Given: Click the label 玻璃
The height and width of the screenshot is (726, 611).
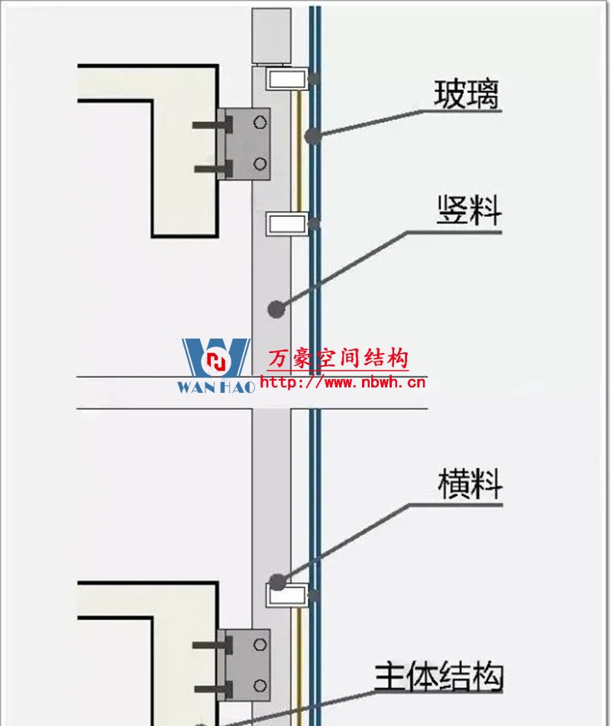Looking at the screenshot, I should click(x=466, y=95).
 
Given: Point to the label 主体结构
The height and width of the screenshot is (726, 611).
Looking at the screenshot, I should click(x=439, y=676).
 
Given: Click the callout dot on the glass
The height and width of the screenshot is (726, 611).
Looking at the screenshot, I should click(x=311, y=136).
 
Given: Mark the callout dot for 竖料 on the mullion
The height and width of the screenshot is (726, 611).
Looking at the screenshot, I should click(x=276, y=309).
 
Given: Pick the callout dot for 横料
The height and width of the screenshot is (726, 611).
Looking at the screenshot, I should click(x=276, y=582).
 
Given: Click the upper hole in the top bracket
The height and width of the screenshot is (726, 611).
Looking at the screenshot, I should click(x=260, y=122).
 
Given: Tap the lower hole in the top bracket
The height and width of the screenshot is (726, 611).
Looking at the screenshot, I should click(x=260, y=163).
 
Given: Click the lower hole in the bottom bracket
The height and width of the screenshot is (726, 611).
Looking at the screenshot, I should click(x=260, y=685).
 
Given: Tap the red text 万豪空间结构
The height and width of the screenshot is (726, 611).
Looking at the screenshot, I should click(x=338, y=358).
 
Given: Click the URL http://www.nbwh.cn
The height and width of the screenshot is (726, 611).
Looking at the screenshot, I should click(x=343, y=382).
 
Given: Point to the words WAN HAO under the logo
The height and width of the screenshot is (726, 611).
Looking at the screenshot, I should click(x=216, y=387).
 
